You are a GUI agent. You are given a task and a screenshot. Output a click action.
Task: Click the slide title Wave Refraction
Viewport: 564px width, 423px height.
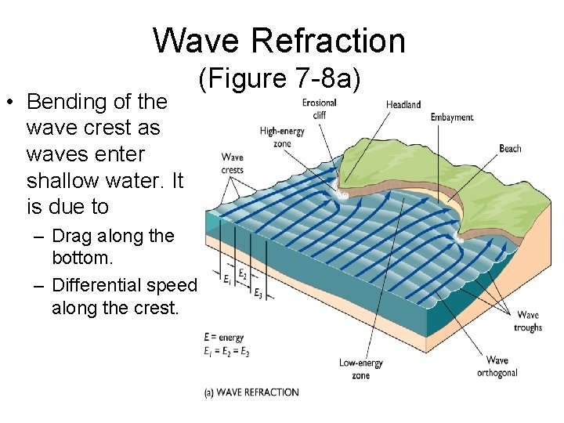click(280, 40)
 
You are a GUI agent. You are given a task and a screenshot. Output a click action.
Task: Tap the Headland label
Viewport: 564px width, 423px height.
click(403, 105)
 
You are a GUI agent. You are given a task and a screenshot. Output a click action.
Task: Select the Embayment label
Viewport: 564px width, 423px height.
click(452, 117)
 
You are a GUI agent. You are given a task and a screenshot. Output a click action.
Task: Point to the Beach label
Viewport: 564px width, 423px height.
click(510, 148)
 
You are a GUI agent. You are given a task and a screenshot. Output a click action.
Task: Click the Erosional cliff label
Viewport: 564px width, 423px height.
click(319, 108)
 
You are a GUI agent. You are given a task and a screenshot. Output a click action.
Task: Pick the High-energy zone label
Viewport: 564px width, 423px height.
click(282, 137)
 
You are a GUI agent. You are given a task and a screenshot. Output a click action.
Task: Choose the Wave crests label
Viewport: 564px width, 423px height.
click(233, 164)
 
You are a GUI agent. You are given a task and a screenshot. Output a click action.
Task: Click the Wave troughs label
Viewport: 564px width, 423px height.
click(528, 322)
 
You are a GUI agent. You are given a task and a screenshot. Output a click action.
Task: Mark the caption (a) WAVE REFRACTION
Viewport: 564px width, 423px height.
click(251, 392)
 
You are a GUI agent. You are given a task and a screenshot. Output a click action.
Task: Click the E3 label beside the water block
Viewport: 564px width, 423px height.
click(258, 291)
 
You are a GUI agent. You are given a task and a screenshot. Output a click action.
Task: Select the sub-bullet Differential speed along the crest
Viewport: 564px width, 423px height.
click(121, 296)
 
